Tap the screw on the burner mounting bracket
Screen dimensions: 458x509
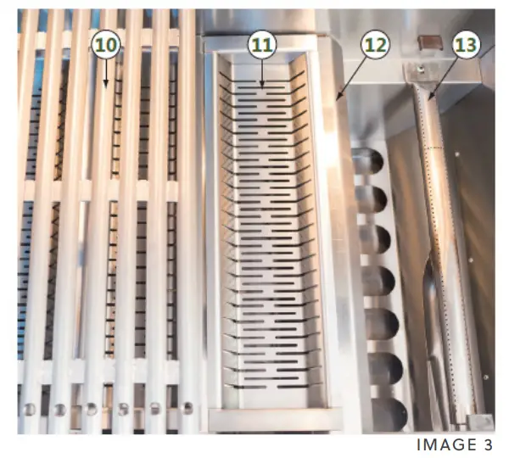[419, 68]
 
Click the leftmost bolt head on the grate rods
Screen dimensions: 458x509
[30, 410]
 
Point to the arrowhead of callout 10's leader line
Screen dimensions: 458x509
[104, 87]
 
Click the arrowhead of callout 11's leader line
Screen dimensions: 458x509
[262, 86]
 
